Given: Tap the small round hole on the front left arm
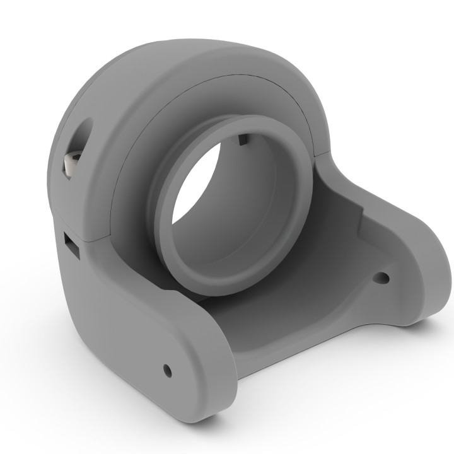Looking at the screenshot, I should tap(167, 370).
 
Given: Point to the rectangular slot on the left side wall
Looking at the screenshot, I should tap(71, 244).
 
